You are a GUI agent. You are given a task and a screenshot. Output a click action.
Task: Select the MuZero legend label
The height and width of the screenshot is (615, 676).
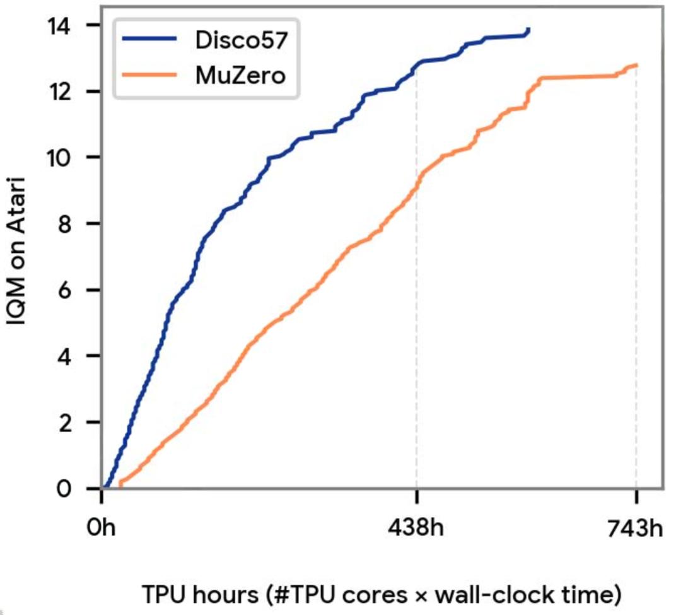[242, 75]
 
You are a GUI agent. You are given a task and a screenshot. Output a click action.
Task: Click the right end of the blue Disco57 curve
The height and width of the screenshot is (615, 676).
[528, 30]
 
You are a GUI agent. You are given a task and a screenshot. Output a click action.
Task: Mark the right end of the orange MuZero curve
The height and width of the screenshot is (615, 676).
[636, 65]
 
